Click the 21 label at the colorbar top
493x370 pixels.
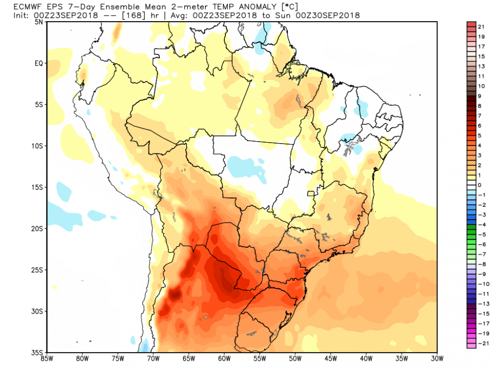tap(481, 27)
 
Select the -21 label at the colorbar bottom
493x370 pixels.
tap(481, 343)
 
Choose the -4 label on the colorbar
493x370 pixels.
tap(481, 224)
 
